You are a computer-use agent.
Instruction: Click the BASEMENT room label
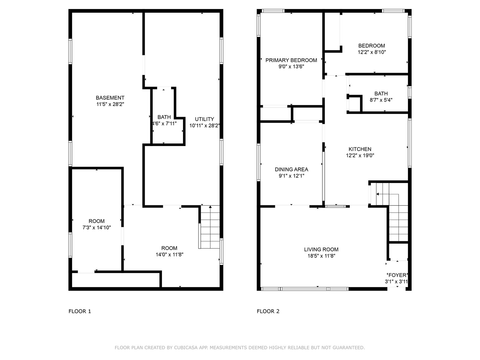(110, 98)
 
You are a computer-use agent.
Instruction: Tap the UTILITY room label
(204, 119)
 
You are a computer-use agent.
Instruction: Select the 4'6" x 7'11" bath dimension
(164, 123)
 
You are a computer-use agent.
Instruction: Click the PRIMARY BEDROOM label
(291, 60)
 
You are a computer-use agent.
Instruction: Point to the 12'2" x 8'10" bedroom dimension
(372, 52)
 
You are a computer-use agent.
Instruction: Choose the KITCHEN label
(360, 149)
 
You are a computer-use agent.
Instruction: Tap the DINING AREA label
(291, 169)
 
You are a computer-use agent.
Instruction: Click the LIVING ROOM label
(321, 249)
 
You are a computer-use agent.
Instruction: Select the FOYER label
(397, 275)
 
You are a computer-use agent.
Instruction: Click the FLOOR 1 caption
(80, 311)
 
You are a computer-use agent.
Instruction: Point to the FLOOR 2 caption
(268, 311)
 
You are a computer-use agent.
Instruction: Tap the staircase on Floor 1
(210, 227)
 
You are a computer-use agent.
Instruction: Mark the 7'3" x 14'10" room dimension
(97, 228)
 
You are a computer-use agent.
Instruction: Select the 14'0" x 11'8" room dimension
(169, 255)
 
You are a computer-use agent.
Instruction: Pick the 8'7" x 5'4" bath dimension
(381, 100)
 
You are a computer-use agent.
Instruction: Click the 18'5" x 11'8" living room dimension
(321, 256)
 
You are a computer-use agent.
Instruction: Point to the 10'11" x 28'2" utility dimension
(204, 126)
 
